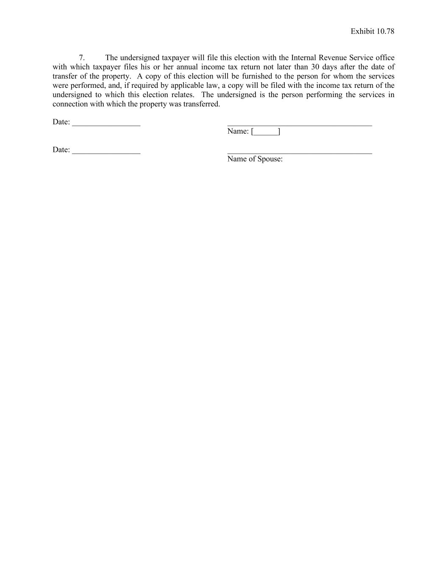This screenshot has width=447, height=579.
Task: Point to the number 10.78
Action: click(385, 31)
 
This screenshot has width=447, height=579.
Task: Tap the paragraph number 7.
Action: click(82, 58)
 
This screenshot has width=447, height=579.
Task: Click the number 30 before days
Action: click(315, 67)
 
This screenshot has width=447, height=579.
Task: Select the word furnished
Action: click(256, 76)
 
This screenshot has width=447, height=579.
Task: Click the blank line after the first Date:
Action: click(106, 125)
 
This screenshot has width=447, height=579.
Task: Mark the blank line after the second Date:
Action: click(106, 153)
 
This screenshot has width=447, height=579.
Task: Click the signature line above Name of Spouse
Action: click(300, 153)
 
